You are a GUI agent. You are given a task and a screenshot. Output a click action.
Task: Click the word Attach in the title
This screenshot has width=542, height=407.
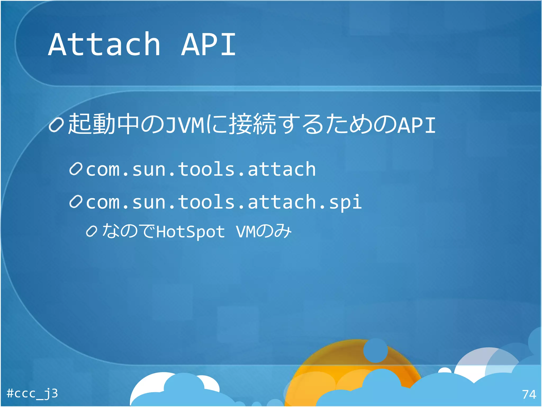104,45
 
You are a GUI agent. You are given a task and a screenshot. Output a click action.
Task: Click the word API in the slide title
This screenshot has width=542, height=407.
209,45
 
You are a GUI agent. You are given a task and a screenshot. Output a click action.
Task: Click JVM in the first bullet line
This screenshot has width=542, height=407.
185,125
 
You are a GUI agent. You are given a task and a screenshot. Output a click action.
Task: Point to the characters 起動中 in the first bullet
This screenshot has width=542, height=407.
103,124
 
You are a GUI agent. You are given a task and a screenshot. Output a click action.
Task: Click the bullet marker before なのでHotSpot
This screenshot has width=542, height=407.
92,231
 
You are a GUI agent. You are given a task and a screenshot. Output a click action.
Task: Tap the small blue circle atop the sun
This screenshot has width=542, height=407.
375,350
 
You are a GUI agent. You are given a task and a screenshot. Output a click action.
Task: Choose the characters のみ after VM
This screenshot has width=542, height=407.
274,231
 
